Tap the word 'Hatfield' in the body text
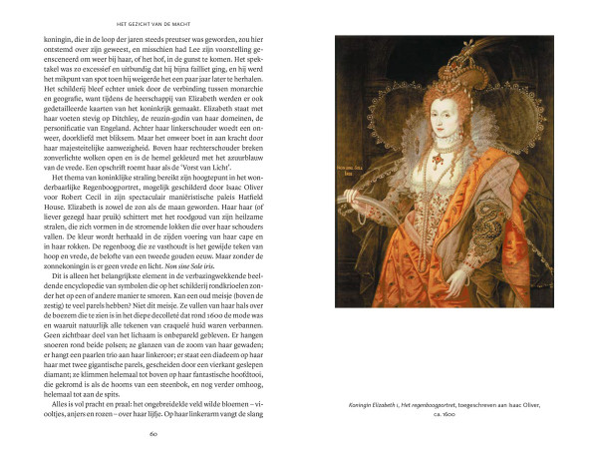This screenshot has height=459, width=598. [x=256, y=216]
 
